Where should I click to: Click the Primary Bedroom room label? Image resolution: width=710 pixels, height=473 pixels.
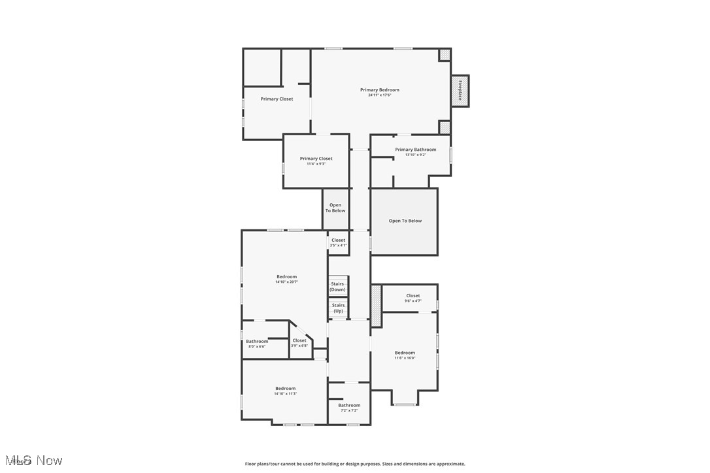(379, 90)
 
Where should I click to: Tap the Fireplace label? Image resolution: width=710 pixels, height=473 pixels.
(460, 90)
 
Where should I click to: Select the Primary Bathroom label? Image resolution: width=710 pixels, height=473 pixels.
(415, 150)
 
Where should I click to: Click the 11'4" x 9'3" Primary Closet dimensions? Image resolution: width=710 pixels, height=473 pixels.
(316, 164)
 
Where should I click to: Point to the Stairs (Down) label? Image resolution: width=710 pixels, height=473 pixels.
(337, 287)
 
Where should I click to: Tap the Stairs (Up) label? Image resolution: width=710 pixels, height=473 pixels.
(338, 308)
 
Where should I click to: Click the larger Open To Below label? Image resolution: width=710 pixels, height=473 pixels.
(405, 221)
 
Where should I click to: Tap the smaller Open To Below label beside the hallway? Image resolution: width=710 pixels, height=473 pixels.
(335, 208)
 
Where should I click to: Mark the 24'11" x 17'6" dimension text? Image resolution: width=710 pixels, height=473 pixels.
(379, 95)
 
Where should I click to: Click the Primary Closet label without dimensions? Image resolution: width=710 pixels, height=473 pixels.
(277, 99)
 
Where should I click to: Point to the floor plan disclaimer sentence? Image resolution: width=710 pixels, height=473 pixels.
(355, 464)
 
